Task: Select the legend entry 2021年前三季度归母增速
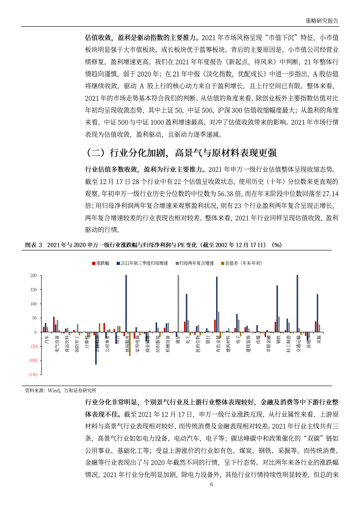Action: [142, 263]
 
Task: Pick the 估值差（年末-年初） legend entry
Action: [242, 263]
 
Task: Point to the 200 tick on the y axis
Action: [33, 276]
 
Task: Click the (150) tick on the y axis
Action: [32, 375]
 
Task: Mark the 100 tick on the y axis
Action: [33, 304]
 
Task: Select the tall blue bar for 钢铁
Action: [277, 308]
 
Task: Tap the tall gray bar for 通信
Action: [178, 303]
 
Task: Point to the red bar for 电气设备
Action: [54, 324]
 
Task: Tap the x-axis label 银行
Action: [207, 339]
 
